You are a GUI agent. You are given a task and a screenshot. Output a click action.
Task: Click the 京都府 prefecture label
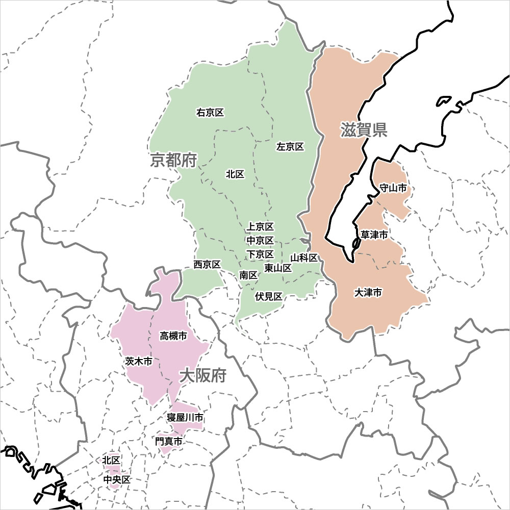point(173,161)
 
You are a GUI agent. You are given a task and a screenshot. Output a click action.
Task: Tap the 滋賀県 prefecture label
point(364,130)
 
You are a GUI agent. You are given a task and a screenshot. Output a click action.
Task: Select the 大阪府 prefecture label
point(202,376)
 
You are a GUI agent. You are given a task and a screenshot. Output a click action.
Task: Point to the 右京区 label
point(210,113)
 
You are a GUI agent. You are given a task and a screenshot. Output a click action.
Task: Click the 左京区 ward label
point(290,147)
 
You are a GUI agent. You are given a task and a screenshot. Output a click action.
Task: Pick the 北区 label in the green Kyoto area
point(235,174)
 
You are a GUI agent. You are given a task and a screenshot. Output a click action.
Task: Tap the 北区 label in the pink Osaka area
point(111,461)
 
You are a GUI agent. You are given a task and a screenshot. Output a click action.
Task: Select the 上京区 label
point(260,226)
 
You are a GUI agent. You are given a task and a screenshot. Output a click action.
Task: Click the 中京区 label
point(260,240)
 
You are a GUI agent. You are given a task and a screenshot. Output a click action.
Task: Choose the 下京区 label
point(260,254)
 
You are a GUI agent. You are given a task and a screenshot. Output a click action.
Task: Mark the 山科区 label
point(304,258)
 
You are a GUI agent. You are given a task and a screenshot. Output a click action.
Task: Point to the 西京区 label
point(207,265)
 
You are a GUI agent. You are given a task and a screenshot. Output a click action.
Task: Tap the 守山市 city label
point(393,188)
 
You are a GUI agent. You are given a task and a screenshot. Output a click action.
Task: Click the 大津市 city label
point(368,293)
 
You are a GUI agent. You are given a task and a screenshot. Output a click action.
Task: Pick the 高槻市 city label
point(173,336)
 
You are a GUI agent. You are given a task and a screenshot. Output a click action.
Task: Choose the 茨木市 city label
point(138,362)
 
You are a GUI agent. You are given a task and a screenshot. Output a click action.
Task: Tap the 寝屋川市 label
point(185,418)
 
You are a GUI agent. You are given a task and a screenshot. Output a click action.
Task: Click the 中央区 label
point(117,480)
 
